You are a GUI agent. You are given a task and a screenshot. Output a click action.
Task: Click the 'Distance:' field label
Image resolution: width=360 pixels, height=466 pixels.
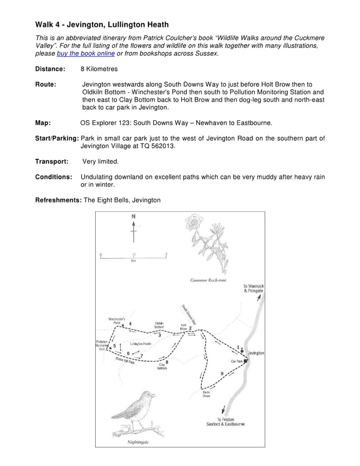pyautogui.click(x=50, y=69)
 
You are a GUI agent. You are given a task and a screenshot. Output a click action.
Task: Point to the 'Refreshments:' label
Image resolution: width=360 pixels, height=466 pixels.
pyautogui.click(x=58, y=200)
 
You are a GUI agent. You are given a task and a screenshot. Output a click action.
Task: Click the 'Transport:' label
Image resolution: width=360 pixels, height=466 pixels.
pyautogui.click(x=52, y=161)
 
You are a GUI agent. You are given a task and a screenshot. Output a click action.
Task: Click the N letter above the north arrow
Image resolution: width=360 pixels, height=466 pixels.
pyautogui.click(x=133, y=216)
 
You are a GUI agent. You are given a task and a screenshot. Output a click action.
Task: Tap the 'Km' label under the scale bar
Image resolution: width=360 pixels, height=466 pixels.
pyautogui.click(x=133, y=261)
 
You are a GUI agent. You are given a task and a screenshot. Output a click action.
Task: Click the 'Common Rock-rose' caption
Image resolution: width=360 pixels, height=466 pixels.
pyautogui.click(x=208, y=280)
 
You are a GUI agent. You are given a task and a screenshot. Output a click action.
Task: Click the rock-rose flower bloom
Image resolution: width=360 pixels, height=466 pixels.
pyautogui.click(x=193, y=221)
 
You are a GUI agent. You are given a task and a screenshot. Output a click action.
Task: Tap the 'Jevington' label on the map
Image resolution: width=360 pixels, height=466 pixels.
pyautogui.click(x=255, y=353)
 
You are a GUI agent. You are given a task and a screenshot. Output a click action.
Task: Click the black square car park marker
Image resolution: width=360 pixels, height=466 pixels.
pyautogui.click(x=245, y=360)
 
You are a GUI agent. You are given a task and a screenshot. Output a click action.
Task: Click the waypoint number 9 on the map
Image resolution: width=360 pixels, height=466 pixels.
pyautogui.click(x=221, y=374)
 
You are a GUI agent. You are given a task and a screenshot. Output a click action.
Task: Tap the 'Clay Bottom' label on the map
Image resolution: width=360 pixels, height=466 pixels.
pyautogui.click(x=162, y=366)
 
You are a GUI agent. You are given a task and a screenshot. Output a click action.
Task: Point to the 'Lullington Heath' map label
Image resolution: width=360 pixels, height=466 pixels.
pyautogui.click(x=140, y=344)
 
